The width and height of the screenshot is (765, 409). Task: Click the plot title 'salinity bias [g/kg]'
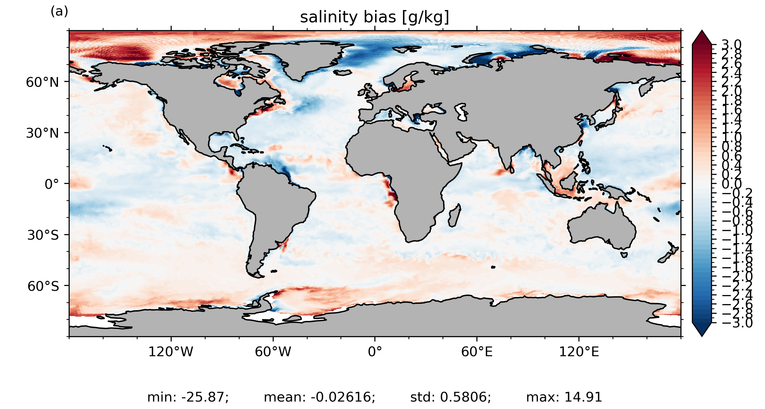click(x=374, y=17)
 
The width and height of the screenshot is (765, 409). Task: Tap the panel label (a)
click(x=59, y=12)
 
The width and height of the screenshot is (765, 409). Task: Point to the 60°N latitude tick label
click(x=42, y=82)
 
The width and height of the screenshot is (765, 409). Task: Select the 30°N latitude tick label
click(x=42, y=133)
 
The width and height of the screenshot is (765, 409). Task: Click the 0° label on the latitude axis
click(x=52, y=184)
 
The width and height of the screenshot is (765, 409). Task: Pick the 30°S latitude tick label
click(x=43, y=235)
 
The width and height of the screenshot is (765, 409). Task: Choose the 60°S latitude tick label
click(x=43, y=286)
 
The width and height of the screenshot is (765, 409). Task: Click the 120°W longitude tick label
click(x=171, y=352)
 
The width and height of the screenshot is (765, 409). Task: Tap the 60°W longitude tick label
click(x=273, y=352)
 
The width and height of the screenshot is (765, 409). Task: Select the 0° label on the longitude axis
click(x=375, y=352)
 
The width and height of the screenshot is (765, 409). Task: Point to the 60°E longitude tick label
click(x=477, y=352)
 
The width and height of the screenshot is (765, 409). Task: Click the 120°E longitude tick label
click(x=579, y=352)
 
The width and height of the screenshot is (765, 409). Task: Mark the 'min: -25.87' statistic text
click(x=188, y=397)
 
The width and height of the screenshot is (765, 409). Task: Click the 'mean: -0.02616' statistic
click(x=319, y=397)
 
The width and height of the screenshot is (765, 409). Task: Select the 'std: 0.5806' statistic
click(x=451, y=397)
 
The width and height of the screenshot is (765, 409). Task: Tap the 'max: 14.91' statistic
click(x=564, y=397)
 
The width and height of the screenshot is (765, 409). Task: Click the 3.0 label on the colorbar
click(x=732, y=45)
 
